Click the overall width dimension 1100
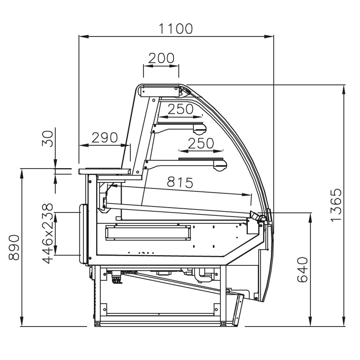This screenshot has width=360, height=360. coord(176,28)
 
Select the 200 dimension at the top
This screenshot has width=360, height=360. coord(161,58)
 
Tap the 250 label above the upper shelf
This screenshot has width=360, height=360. coord(180,109)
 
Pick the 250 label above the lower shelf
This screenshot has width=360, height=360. coord(201,143)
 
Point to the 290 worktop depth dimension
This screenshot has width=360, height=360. coord(104,138)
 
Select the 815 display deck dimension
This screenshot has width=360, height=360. coord(180,183)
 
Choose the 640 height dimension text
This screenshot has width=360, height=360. coord(302,269)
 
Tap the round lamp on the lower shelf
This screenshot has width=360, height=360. coord(220,165)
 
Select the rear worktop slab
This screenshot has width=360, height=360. coord(104,171)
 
